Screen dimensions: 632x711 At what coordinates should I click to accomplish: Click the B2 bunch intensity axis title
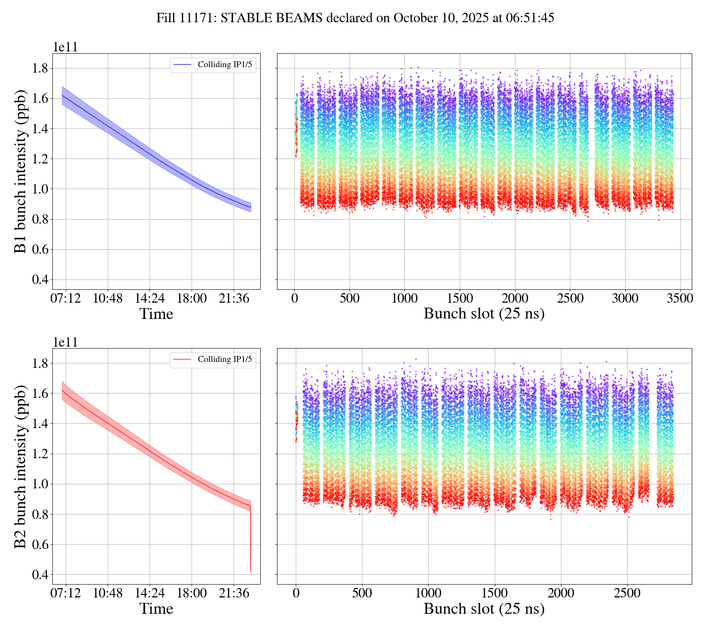point(20,466)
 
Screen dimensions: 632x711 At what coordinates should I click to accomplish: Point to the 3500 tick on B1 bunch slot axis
point(680,299)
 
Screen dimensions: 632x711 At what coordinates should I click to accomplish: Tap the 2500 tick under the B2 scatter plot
point(627,592)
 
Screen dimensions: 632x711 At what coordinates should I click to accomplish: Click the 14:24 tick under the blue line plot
point(150,299)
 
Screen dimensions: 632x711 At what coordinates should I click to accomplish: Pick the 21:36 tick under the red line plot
point(234,592)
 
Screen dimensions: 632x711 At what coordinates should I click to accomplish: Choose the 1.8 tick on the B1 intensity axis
point(39,68)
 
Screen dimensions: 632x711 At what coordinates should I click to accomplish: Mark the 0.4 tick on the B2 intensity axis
point(39,575)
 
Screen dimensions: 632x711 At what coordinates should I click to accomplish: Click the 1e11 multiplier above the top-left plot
point(65,47)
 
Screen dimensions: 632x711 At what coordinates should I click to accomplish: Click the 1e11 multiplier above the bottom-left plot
point(65,342)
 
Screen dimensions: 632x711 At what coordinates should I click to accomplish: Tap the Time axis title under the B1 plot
point(156,314)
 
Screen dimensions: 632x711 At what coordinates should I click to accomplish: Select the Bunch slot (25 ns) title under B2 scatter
point(484,609)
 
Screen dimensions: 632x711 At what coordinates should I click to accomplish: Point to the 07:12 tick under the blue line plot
point(66,299)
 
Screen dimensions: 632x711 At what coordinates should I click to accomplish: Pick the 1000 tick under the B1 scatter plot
point(404,299)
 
